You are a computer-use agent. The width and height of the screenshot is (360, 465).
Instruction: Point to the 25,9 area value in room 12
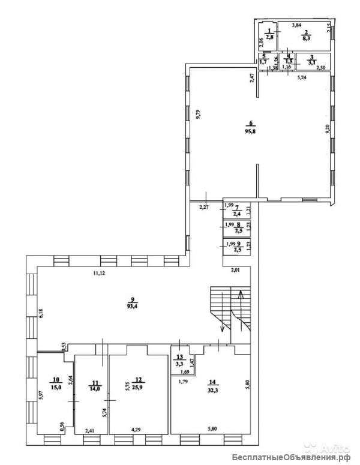point(139,388)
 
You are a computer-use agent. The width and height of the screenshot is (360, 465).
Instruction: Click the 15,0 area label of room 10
point(56,388)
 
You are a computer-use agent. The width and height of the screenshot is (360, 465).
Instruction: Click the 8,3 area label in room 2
point(305,37)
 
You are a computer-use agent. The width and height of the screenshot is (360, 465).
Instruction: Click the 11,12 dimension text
point(100,274)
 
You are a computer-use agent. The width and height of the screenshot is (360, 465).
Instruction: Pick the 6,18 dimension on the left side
point(41,313)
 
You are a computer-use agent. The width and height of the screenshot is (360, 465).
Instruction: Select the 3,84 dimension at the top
point(296,25)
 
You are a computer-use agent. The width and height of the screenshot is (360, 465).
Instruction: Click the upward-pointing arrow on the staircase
point(240,295)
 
